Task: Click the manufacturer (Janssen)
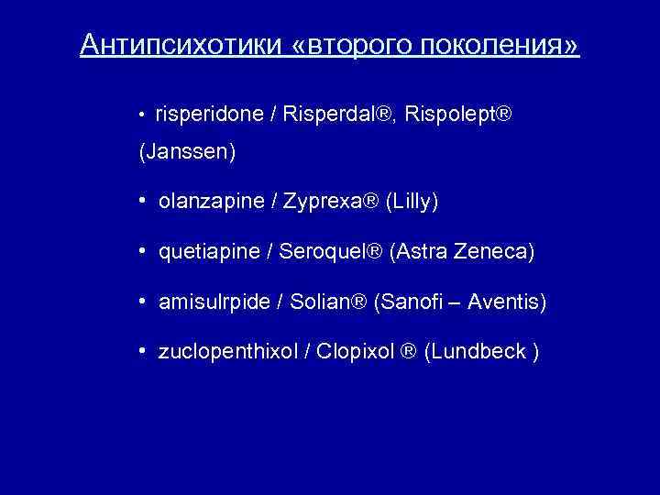(x=187, y=153)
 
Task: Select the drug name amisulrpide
(x=212, y=301)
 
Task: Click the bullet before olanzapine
(x=145, y=200)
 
